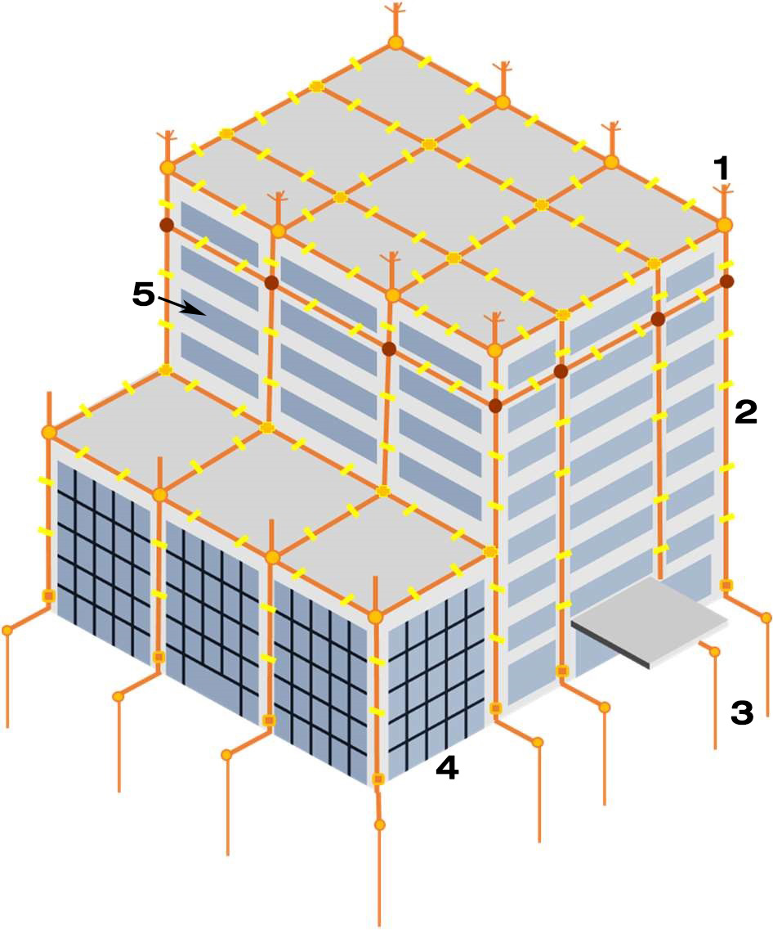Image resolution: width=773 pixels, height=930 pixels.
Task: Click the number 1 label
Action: pos(721,168)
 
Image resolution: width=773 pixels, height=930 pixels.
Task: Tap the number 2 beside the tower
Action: pos(746,411)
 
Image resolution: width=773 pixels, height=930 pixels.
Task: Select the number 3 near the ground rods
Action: pos(742,713)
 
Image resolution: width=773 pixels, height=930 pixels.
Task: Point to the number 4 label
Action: pos(447,769)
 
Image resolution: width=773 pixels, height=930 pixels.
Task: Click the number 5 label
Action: pos(143,294)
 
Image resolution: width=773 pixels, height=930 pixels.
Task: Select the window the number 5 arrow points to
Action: pos(220,314)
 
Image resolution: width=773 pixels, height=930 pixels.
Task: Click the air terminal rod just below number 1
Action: pos(723,202)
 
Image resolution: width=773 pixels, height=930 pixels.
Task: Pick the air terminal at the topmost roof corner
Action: pos(395,21)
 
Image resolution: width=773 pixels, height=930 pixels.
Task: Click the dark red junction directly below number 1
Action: pos(726,281)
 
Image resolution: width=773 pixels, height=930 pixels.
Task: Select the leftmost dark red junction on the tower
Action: pos(167,226)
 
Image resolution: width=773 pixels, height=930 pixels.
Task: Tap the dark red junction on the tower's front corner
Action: pos(495,407)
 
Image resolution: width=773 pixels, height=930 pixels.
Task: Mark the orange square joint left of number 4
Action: pos(378,779)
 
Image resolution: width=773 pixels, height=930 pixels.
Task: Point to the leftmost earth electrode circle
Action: pos(7,631)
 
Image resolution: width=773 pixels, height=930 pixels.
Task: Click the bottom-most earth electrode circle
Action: pos(380,825)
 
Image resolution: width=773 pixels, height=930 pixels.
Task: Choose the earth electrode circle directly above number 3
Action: pos(715,652)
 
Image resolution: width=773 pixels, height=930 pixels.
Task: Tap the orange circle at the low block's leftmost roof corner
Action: pos(49,433)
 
